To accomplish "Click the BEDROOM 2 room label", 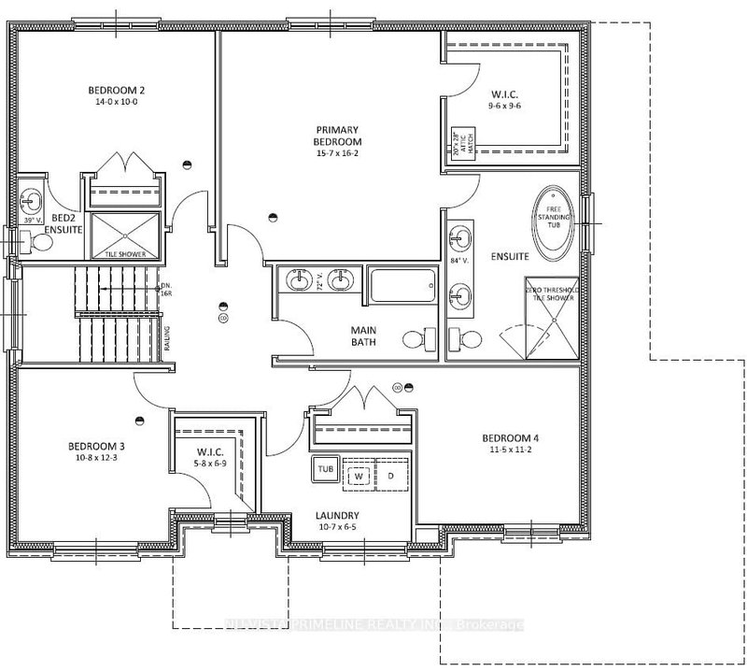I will click(x=117, y=90).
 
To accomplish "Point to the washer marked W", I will click(x=357, y=476).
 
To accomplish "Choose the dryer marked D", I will click(x=390, y=476).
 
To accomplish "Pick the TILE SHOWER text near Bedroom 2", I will click(x=124, y=252).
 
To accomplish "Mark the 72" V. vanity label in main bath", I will click(x=318, y=282).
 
